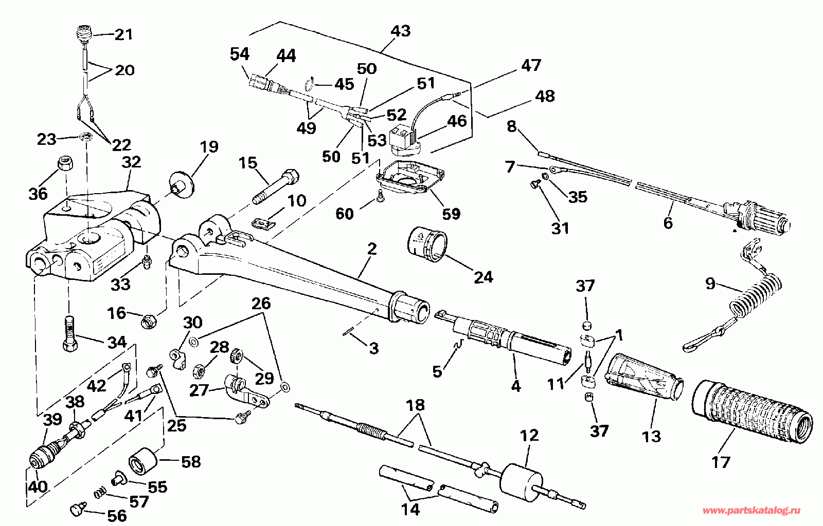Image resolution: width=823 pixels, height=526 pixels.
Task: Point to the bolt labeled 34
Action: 70,334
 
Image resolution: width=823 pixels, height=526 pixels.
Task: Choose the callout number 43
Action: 401,31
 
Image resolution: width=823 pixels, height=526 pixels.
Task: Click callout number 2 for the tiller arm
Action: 372,249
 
